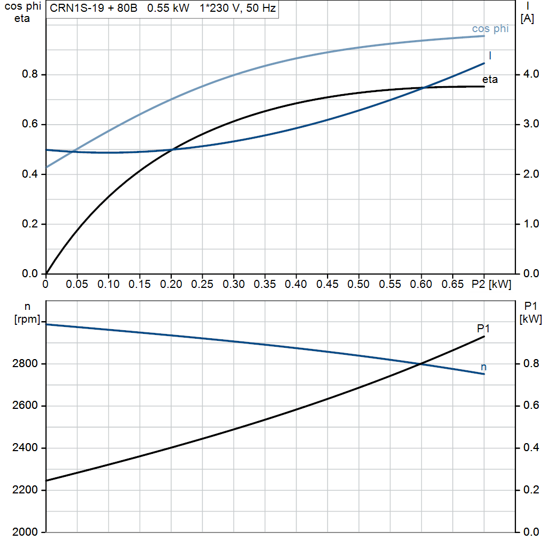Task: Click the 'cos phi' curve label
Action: point(490,29)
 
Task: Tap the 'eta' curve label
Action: point(490,80)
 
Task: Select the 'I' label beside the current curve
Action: point(490,56)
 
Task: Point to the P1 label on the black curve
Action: point(484,329)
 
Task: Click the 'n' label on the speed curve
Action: point(484,367)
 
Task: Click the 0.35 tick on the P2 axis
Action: point(265,284)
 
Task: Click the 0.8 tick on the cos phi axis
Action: point(29,74)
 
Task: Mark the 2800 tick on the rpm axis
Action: point(25,364)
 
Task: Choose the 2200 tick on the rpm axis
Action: point(25,490)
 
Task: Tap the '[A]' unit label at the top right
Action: point(527,18)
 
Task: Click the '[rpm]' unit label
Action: point(28,319)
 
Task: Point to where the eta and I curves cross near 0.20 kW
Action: point(171,149)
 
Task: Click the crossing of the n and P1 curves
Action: point(421,364)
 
